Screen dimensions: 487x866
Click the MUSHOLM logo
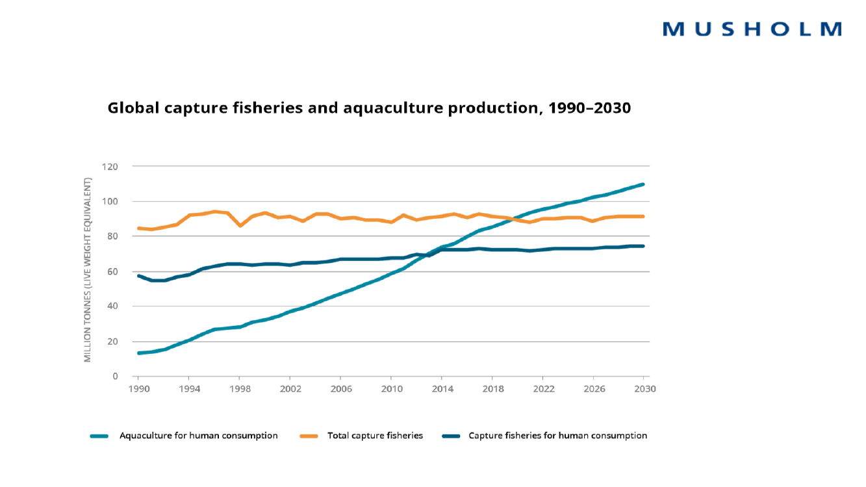(x=752, y=29)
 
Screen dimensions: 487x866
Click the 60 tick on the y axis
(x=112, y=271)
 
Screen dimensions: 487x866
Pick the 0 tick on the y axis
(x=115, y=377)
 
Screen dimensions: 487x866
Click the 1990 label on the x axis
(x=138, y=389)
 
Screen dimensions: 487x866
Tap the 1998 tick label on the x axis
(x=239, y=389)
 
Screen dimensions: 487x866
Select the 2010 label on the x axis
(x=390, y=389)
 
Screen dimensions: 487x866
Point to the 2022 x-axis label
(x=543, y=389)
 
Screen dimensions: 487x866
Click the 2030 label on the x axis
(x=644, y=389)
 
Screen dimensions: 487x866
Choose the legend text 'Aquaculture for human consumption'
(x=198, y=436)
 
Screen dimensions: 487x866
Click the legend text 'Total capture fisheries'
(x=375, y=436)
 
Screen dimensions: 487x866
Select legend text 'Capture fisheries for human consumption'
(x=557, y=436)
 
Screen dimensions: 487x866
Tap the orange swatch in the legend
(x=309, y=436)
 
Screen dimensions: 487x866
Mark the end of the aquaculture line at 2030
(x=643, y=184)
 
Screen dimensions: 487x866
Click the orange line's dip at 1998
(x=240, y=225)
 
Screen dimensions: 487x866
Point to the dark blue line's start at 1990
(x=138, y=276)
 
